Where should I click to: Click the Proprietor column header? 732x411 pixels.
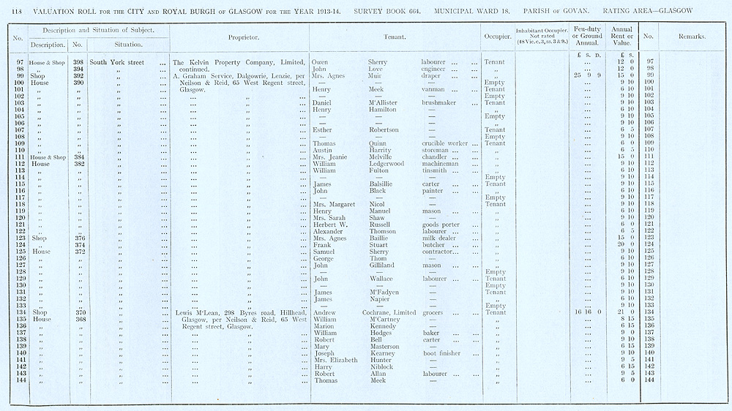(239, 37)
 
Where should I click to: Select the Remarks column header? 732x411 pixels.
(692, 37)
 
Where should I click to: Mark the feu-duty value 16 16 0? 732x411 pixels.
(587, 312)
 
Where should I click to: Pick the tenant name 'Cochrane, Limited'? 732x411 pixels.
(392, 312)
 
